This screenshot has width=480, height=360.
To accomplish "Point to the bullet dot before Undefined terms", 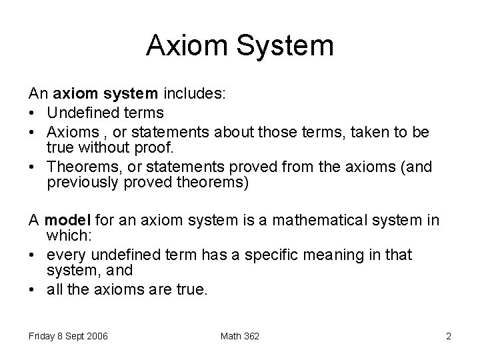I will [x=34, y=113].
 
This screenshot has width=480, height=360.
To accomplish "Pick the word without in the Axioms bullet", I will [x=114, y=147].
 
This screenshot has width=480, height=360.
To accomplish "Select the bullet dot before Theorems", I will [x=34, y=165].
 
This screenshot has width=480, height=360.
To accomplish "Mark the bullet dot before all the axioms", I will [x=34, y=289].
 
